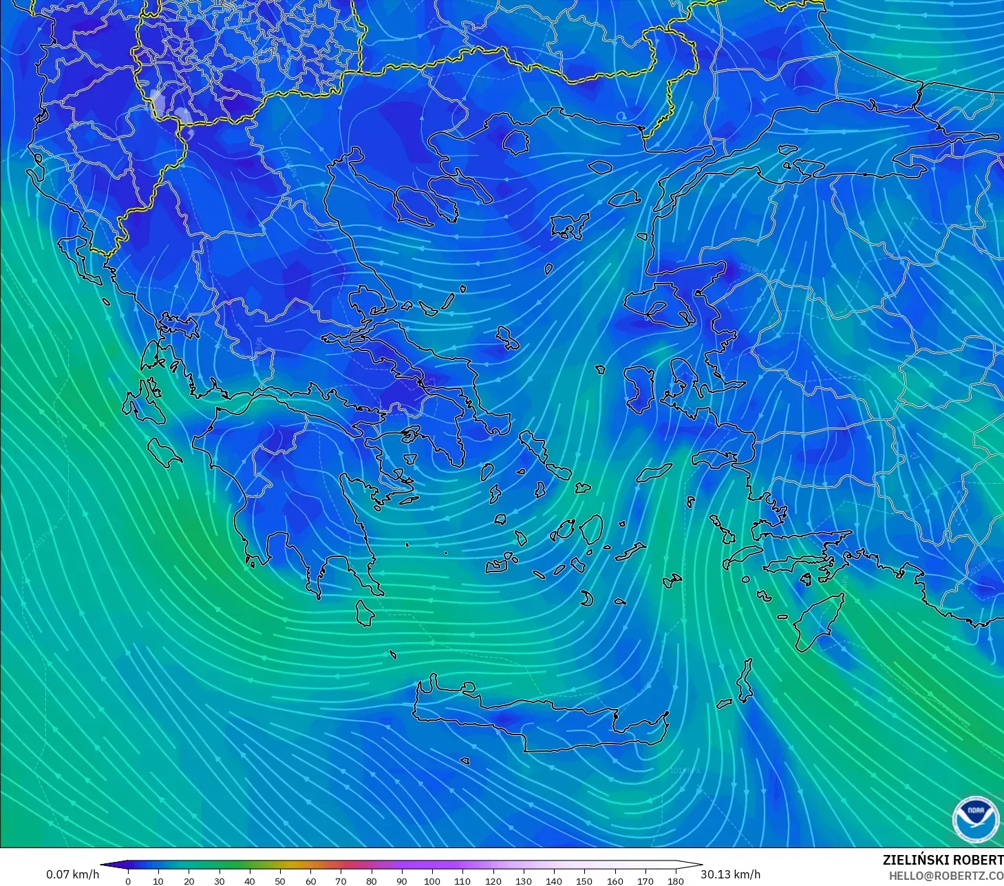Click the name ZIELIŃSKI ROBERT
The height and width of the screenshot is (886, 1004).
pyautogui.click(x=942, y=860)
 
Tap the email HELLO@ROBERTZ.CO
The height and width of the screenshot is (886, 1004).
pyautogui.click(x=946, y=875)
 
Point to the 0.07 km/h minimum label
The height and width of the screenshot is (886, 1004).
pyautogui.click(x=73, y=874)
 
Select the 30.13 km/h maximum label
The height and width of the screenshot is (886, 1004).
pyautogui.click(x=731, y=874)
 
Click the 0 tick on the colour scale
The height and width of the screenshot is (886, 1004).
pyautogui.click(x=128, y=880)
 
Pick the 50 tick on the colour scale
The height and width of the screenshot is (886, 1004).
pyautogui.click(x=280, y=880)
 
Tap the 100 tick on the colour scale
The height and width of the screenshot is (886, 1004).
pyautogui.click(x=432, y=880)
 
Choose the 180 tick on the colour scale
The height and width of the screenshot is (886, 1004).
pyautogui.click(x=676, y=880)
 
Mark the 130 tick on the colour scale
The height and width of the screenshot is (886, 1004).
pyautogui.click(x=524, y=880)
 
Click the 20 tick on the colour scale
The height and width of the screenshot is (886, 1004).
pyautogui.click(x=189, y=880)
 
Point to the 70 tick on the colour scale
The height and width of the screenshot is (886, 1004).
pyautogui.click(x=341, y=880)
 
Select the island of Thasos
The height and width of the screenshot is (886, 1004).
pyautogui.click(x=515, y=142)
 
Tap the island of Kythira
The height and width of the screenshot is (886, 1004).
pyautogui.click(x=365, y=613)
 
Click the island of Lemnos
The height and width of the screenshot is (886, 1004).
pyautogui.click(x=570, y=226)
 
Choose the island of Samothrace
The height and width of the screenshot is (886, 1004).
pyautogui.click(x=601, y=167)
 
